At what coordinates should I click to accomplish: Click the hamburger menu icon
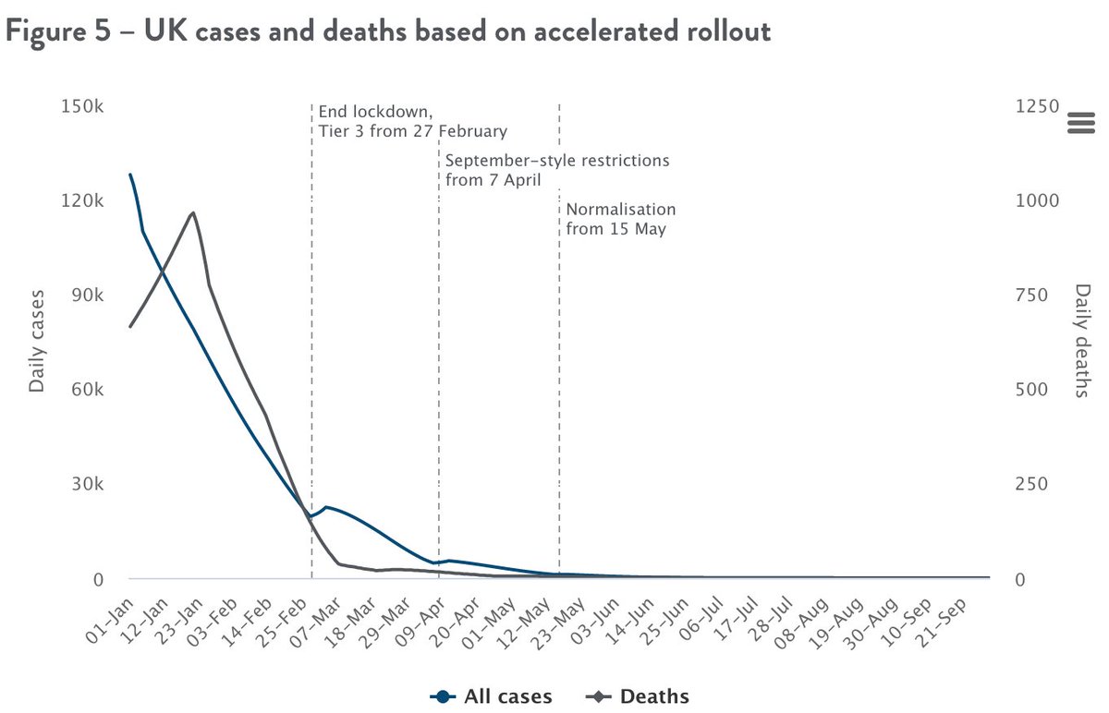(x=1079, y=123)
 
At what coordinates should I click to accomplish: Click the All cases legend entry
(x=492, y=696)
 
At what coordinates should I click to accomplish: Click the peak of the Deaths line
(x=193, y=212)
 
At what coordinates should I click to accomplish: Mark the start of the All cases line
(x=130, y=174)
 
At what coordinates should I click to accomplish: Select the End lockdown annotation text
(x=412, y=121)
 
